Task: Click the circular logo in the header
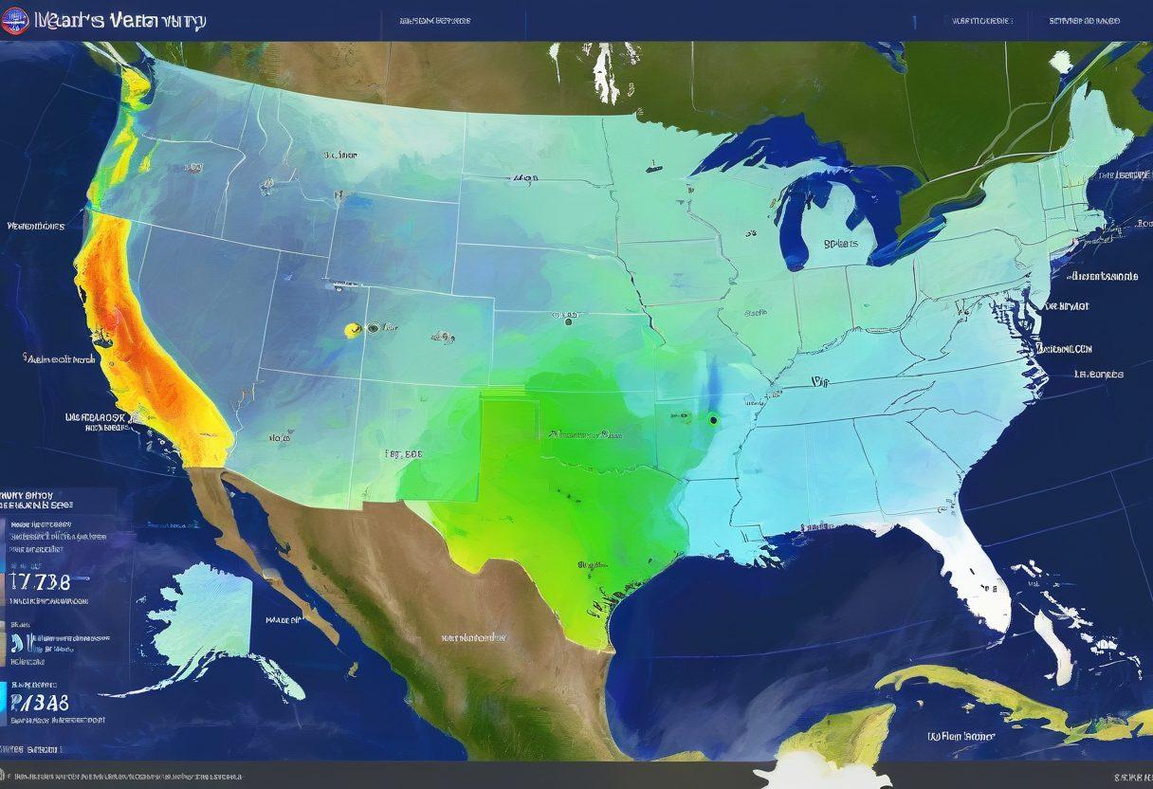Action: (14, 21)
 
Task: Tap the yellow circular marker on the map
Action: (353, 330)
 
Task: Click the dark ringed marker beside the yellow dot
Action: (372, 329)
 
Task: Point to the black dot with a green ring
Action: (712, 419)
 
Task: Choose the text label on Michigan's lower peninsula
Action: (839, 243)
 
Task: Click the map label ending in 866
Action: (404, 453)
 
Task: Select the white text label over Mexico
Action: (474, 638)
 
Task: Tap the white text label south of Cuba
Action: (961, 735)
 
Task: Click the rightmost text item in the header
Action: (1084, 20)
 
